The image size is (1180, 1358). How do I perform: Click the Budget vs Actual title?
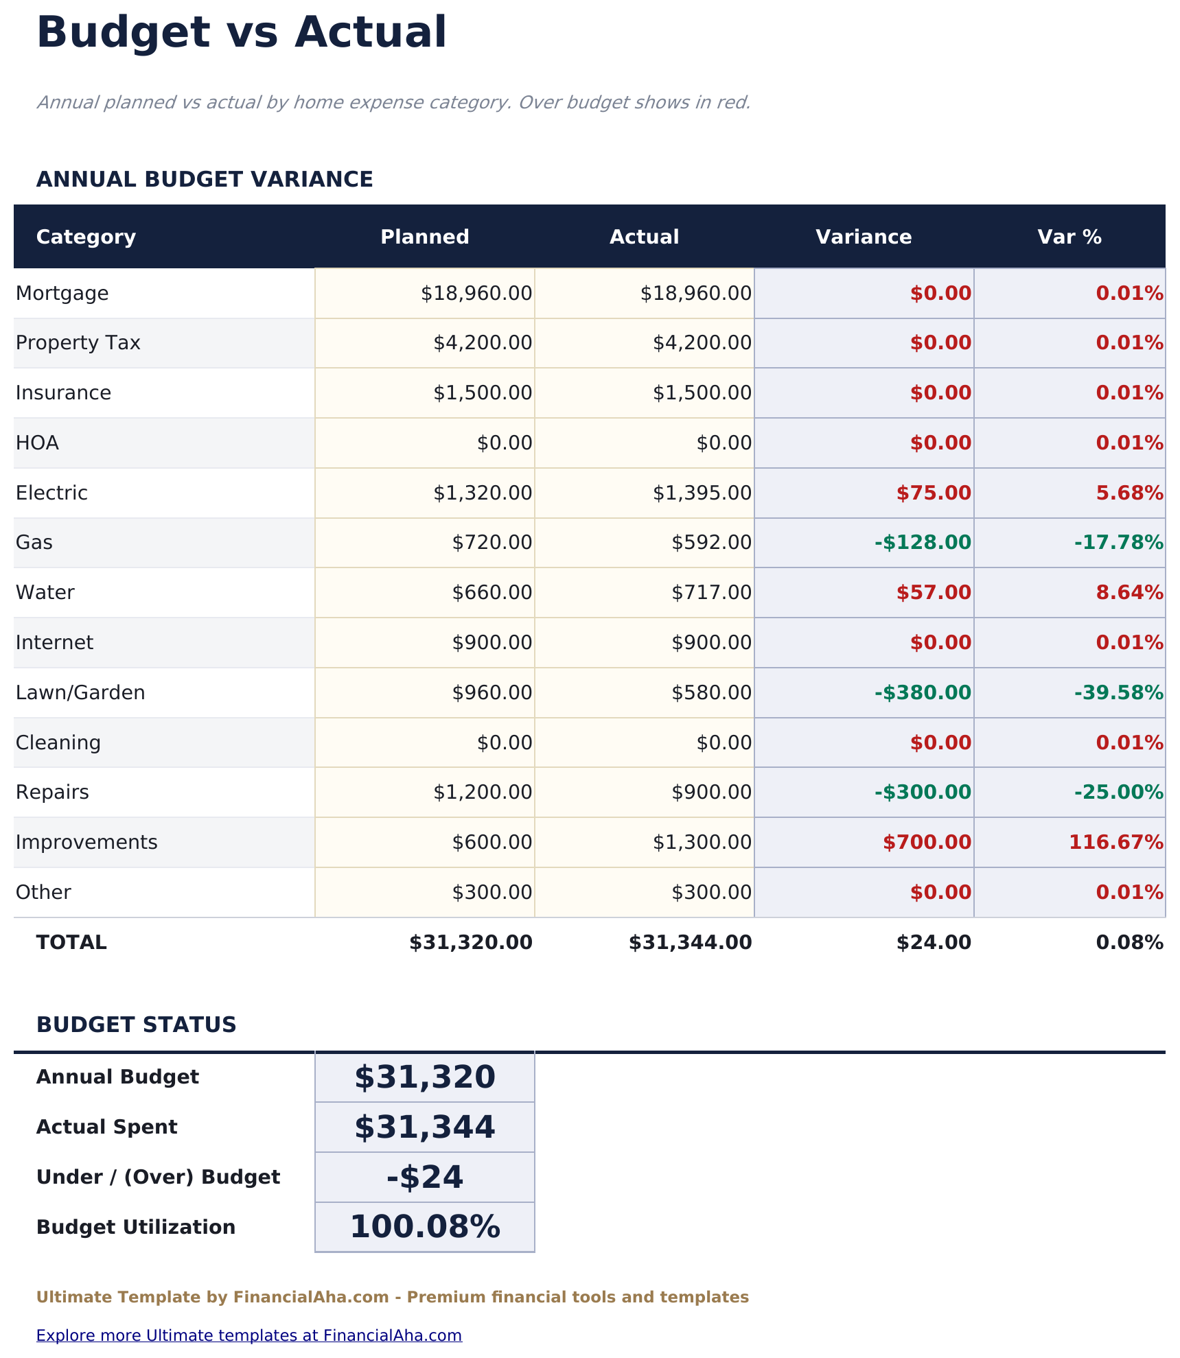coord(241,33)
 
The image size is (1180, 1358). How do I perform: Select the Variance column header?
coord(863,237)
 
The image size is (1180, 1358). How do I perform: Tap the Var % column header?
coord(1069,237)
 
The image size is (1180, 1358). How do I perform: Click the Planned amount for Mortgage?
coord(476,294)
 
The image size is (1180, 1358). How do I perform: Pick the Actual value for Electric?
coord(702,493)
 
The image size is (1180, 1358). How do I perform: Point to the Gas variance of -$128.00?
coord(923,543)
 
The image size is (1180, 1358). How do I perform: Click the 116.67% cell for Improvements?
coord(1115,843)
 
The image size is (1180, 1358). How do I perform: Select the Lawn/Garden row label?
coord(80,693)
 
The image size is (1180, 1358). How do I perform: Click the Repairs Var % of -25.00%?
coord(1118,793)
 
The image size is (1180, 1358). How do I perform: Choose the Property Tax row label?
coord(78,343)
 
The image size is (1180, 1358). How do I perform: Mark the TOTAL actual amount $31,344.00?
coord(690,943)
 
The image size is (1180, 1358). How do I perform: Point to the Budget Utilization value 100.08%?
coord(425,1228)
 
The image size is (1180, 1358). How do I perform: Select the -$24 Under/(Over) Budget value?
coord(425,1178)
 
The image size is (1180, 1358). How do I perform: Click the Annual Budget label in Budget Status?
coord(117,1077)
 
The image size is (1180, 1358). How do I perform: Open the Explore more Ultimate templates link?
coord(248,1335)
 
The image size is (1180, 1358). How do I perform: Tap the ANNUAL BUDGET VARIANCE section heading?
coord(205,180)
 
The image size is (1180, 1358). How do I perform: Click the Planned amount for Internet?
coord(491,643)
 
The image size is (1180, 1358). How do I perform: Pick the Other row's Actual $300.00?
coord(711,893)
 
